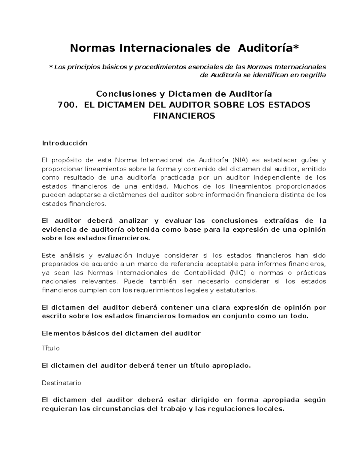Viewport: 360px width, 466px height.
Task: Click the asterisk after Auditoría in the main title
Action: click(296, 48)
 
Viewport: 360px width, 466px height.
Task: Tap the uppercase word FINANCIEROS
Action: click(184, 116)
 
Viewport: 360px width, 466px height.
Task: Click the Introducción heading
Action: click(64, 143)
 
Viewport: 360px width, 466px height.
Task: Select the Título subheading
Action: click(51, 348)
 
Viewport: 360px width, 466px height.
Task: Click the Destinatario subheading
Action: click(61, 383)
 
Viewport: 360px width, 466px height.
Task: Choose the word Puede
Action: click(133, 281)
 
